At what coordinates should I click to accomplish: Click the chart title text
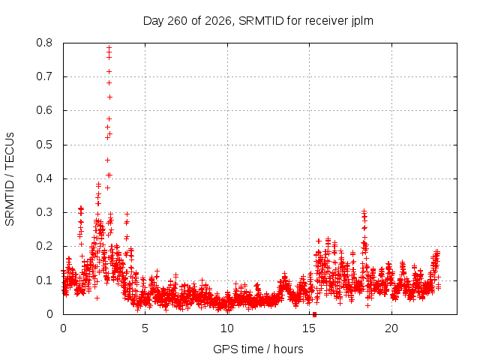coord(258,21)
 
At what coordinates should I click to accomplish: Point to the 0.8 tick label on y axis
coord(44,43)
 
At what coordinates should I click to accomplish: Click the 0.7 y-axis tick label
coord(44,76)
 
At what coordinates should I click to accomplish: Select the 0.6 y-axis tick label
coord(44,110)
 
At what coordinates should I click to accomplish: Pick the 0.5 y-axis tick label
coord(44,145)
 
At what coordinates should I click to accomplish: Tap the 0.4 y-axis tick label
coord(44,178)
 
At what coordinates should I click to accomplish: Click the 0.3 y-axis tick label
coord(44,212)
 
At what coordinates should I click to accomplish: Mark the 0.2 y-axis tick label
coord(44,246)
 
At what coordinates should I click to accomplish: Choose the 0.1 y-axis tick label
coord(44,280)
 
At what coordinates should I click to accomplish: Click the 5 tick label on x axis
coord(145,328)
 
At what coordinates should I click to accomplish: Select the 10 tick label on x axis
coord(227,328)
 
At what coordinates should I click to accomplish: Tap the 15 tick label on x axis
coord(309,328)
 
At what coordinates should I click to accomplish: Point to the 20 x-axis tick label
coord(391,328)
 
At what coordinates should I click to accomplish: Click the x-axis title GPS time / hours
coord(258,349)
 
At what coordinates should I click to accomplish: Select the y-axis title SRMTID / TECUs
coord(10,179)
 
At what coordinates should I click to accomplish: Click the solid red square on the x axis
coord(314,314)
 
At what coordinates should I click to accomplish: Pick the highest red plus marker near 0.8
coord(109,48)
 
